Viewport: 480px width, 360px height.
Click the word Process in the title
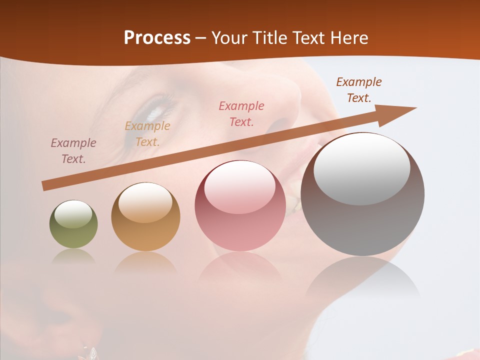coord(157,38)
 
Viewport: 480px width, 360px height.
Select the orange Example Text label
coord(147,134)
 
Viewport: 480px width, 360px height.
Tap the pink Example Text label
coord(241,114)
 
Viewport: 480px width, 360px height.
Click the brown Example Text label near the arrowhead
coord(359,90)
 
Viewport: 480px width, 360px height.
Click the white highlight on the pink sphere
coord(239,187)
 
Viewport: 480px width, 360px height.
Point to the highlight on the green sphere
coord(73,214)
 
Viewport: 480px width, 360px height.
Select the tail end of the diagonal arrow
coord(46,186)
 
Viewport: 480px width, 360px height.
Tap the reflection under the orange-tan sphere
coord(145,262)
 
